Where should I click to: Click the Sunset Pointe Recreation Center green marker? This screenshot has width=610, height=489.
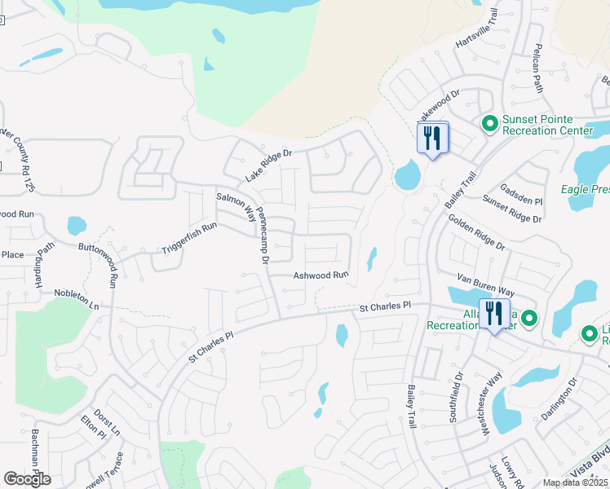(x=489, y=124)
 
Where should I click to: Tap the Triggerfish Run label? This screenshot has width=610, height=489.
(x=188, y=237)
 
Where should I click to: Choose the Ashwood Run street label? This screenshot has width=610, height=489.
(x=320, y=275)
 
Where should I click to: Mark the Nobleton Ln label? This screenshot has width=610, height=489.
(x=76, y=298)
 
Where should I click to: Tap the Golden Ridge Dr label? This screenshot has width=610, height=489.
(x=476, y=233)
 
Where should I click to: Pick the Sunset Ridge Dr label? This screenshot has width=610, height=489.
(x=511, y=208)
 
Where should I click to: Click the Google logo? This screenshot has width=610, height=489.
(x=27, y=478)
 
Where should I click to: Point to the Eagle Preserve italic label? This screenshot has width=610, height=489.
(x=584, y=189)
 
